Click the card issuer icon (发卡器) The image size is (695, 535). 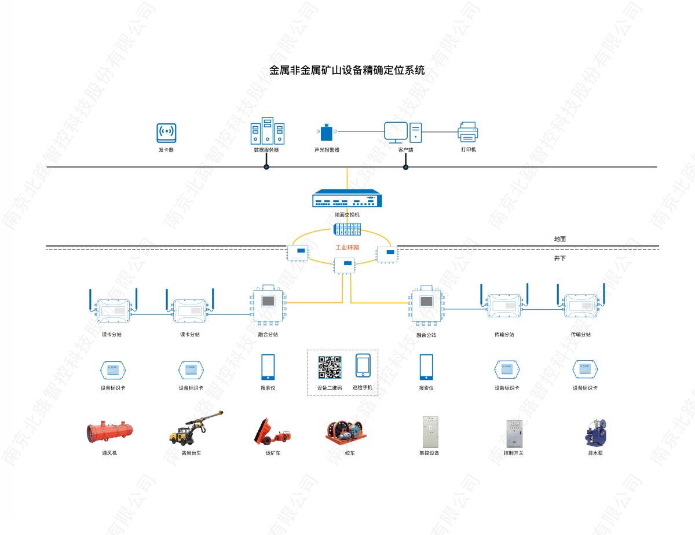click(x=166, y=133)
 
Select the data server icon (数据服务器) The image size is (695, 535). click(x=267, y=131)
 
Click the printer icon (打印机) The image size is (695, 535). click(x=468, y=133)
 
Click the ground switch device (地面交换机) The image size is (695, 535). click(x=347, y=199)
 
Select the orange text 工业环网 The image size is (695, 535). click(x=348, y=248)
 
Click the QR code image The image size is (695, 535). click(x=329, y=367)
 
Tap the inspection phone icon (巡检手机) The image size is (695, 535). click(x=363, y=366)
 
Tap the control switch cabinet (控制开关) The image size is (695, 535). click(x=513, y=433)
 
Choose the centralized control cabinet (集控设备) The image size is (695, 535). click(x=429, y=432)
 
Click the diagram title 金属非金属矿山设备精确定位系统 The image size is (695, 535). click(x=347, y=71)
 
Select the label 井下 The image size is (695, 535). click(x=559, y=258)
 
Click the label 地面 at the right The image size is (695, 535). click(x=559, y=239)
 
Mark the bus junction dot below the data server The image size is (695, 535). click(x=266, y=167)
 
